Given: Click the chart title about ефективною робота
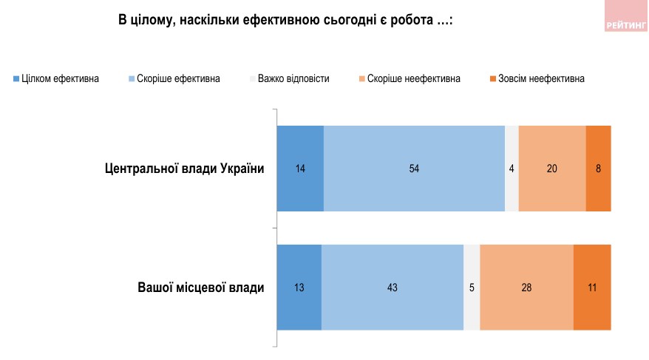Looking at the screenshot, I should [285, 21].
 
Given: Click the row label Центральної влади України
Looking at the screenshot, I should [185, 169].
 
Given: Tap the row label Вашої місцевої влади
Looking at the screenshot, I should [200, 287].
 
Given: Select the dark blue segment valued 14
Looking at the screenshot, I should [300, 169].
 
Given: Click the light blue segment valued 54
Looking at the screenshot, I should [414, 169].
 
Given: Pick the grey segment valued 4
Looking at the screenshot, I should [512, 169].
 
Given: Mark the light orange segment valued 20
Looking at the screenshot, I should [552, 169].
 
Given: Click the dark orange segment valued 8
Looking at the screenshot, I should [598, 169].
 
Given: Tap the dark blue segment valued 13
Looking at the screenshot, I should [299, 287].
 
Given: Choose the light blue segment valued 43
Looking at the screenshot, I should [393, 287].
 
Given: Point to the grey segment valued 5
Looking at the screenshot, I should [472, 287].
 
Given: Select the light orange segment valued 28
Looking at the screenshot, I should [526, 287].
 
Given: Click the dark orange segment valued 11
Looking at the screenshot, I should [592, 287].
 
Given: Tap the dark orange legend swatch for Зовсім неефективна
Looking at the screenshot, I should [492, 78].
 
